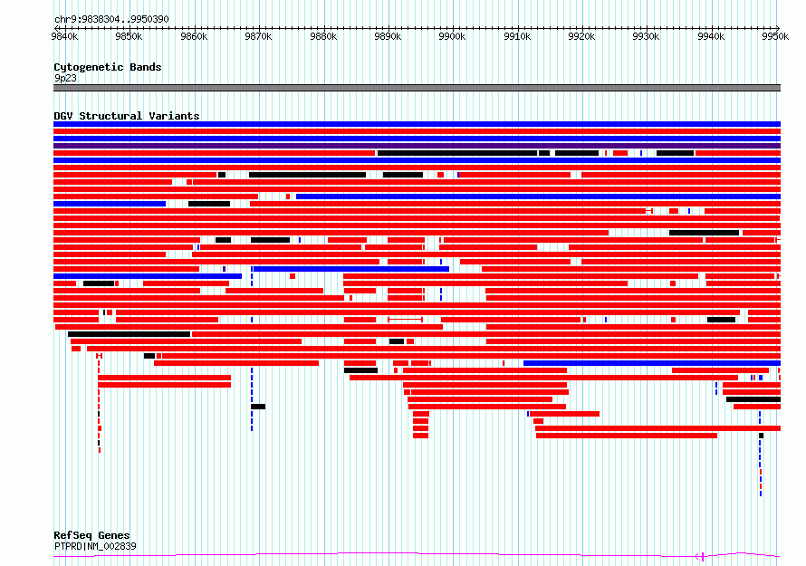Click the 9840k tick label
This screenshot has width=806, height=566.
pyautogui.click(x=65, y=36)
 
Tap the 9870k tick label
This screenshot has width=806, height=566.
pyautogui.click(x=259, y=36)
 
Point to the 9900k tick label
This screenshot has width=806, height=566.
pyautogui.click(x=452, y=36)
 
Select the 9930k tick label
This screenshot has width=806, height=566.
pyautogui.click(x=646, y=36)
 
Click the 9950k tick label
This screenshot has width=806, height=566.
pyautogui.click(x=775, y=36)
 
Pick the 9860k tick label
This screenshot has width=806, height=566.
pyautogui.click(x=194, y=36)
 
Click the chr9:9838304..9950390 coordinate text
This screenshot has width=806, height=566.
pyautogui.click(x=111, y=19)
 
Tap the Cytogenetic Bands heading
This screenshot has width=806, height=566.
pyautogui.click(x=108, y=67)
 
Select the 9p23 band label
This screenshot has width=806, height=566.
pyautogui.click(x=65, y=78)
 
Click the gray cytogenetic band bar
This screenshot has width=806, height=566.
pyautogui.click(x=417, y=88)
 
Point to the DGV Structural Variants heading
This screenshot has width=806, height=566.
pyautogui.click(x=127, y=116)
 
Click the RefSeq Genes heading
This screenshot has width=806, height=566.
pyautogui.click(x=91, y=535)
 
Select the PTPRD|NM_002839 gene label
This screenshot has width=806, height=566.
pyautogui.click(x=95, y=546)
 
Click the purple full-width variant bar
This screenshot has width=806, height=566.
pyautogui.click(x=417, y=146)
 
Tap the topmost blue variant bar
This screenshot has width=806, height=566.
pyautogui.click(x=417, y=124)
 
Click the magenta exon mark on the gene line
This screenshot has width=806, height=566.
pyautogui.click(x=703, y=556)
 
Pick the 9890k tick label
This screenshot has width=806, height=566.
pyautogui.click(x=388, y=36)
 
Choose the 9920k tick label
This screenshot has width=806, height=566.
pyautogui.click(x=581, y=36)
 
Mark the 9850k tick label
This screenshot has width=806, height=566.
pyautogui.click(x=129, y=36)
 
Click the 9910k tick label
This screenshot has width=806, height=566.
pyautogui.click(x=517, y=36)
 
